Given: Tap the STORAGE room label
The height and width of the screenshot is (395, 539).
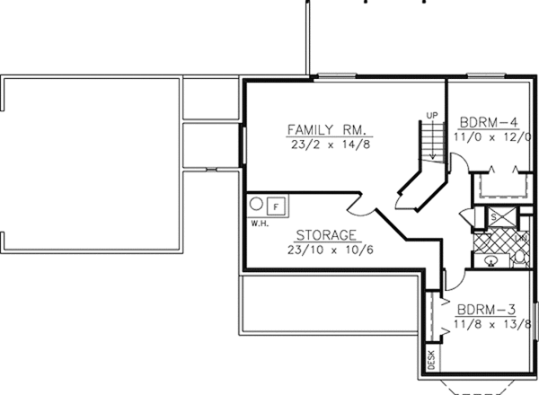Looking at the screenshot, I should pos(320,236).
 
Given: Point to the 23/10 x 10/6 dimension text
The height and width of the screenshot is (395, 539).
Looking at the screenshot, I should pos(320,250).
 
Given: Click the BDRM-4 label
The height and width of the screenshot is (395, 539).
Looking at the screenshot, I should pos(488,122).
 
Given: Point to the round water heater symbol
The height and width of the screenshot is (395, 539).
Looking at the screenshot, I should pos(255,203).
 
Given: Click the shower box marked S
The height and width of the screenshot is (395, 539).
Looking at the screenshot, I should pos(493,216).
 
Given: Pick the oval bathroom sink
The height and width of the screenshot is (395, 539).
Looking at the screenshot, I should pos(490,261).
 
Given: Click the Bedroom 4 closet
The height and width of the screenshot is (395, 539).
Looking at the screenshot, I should pos(501,187).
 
